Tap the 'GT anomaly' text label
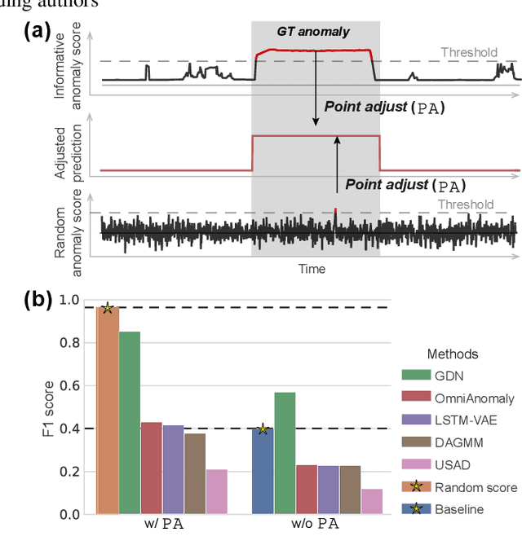pos(313,32)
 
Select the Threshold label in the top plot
pos(468,53)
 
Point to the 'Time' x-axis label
pos(311,269)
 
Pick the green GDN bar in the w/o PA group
pos(285,453)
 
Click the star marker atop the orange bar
pos(108,308)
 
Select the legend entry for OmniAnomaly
pos(461,397)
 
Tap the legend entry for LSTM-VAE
pos(461,420)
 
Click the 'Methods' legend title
pos(453,354)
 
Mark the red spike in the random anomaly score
pos(335,210)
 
